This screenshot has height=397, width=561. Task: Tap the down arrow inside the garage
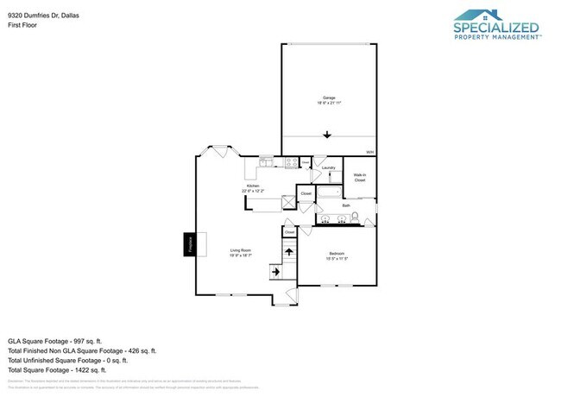click(327, 134)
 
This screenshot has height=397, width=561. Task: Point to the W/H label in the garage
click(369, 153)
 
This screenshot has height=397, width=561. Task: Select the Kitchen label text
click(255, 186)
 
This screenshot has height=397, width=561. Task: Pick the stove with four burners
click(292, 161)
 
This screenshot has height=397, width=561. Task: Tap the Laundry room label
click(328, 167)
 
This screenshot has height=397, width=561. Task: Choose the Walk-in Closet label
click(359, 178)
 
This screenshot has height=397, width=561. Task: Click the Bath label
click(345, 205)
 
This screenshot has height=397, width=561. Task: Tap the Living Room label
click(241, 252)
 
